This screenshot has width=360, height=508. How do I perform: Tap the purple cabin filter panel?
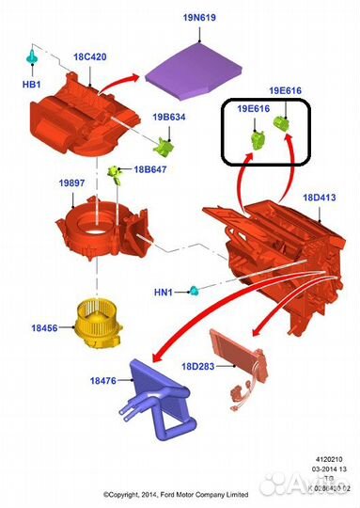(196, 67)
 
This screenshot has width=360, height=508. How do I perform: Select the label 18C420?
(90, 57)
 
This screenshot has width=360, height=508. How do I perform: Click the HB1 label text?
(31, 86)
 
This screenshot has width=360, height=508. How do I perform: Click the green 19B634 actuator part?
(165, 147)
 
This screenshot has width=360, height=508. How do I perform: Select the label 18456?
(44, 329)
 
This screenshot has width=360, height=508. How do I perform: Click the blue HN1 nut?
(195, 288)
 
